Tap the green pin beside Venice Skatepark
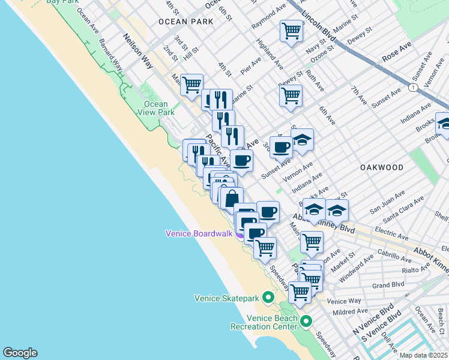[x=268, y=298]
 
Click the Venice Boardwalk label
[x=199, y=233]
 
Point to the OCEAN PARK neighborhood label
[x=186, y=22]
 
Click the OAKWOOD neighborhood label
[x=382, y=167]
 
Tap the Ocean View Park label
[x=155, y=108]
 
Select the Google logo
[x=20, y=353]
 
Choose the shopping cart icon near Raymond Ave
[x=291, y=31]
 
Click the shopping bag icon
[x=232, y=197]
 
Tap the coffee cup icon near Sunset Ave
[x=280, y=146]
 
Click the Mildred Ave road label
[x=350, y=312]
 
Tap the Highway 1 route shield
[x=413, y=88]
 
